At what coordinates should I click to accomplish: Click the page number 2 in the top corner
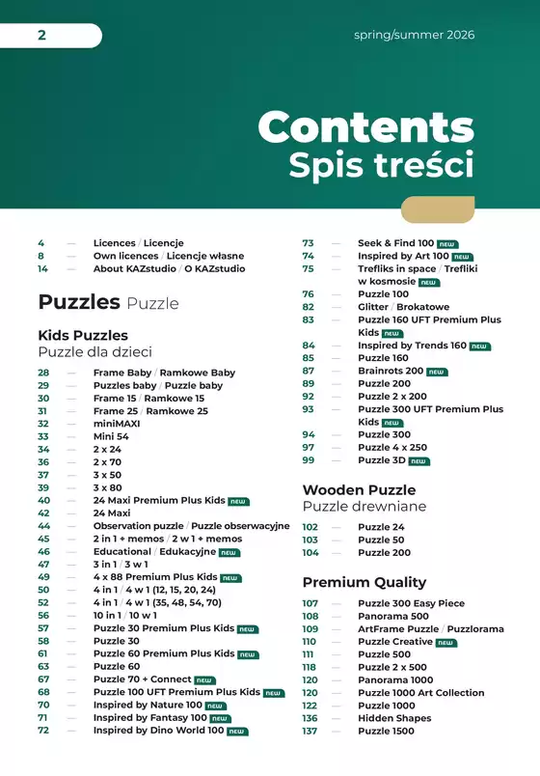tap(41, 36)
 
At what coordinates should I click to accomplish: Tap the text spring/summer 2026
tap(414, 36)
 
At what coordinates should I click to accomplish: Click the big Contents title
tap(365, 126)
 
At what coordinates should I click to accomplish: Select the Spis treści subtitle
tap(381, 164)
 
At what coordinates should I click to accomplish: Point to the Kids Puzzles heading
tap(83, 335)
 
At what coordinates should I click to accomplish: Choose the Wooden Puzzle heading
tap(359, 489)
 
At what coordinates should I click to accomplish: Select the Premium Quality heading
tap(364, 582)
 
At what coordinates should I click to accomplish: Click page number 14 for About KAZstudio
tap(42, 269)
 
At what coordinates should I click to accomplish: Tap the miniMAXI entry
tap(117, 424)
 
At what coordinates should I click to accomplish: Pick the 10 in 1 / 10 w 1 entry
tap(124, 615)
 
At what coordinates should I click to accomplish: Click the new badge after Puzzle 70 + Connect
tap(204, 680)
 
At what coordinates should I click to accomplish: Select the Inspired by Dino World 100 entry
tap(158, 731)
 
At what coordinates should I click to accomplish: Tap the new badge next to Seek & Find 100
tap(447, 244)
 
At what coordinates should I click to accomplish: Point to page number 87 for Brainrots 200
tap(309, 371)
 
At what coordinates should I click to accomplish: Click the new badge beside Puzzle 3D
tap(418, 461)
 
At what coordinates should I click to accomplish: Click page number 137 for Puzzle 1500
tap(310, 731)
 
